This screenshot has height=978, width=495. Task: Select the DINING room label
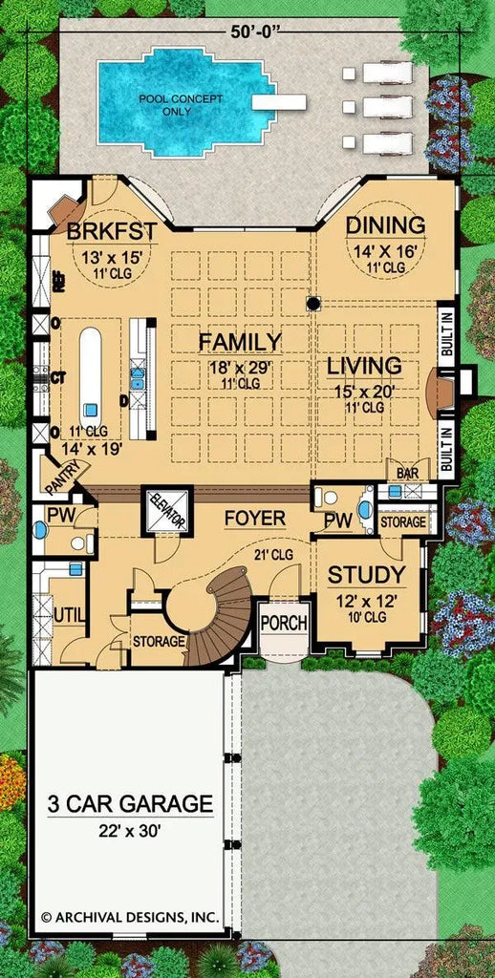pos(385,225)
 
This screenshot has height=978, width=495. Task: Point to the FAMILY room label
pos(239,342)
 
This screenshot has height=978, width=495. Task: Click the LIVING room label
pos(363,366)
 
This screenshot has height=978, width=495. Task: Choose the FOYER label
pos(255,519)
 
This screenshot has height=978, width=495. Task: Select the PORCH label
pos(284,624)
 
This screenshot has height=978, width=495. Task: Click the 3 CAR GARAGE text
pos(130,804)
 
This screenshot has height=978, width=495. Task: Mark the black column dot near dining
pos(312,304)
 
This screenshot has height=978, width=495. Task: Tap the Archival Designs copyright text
pos(129,917)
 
